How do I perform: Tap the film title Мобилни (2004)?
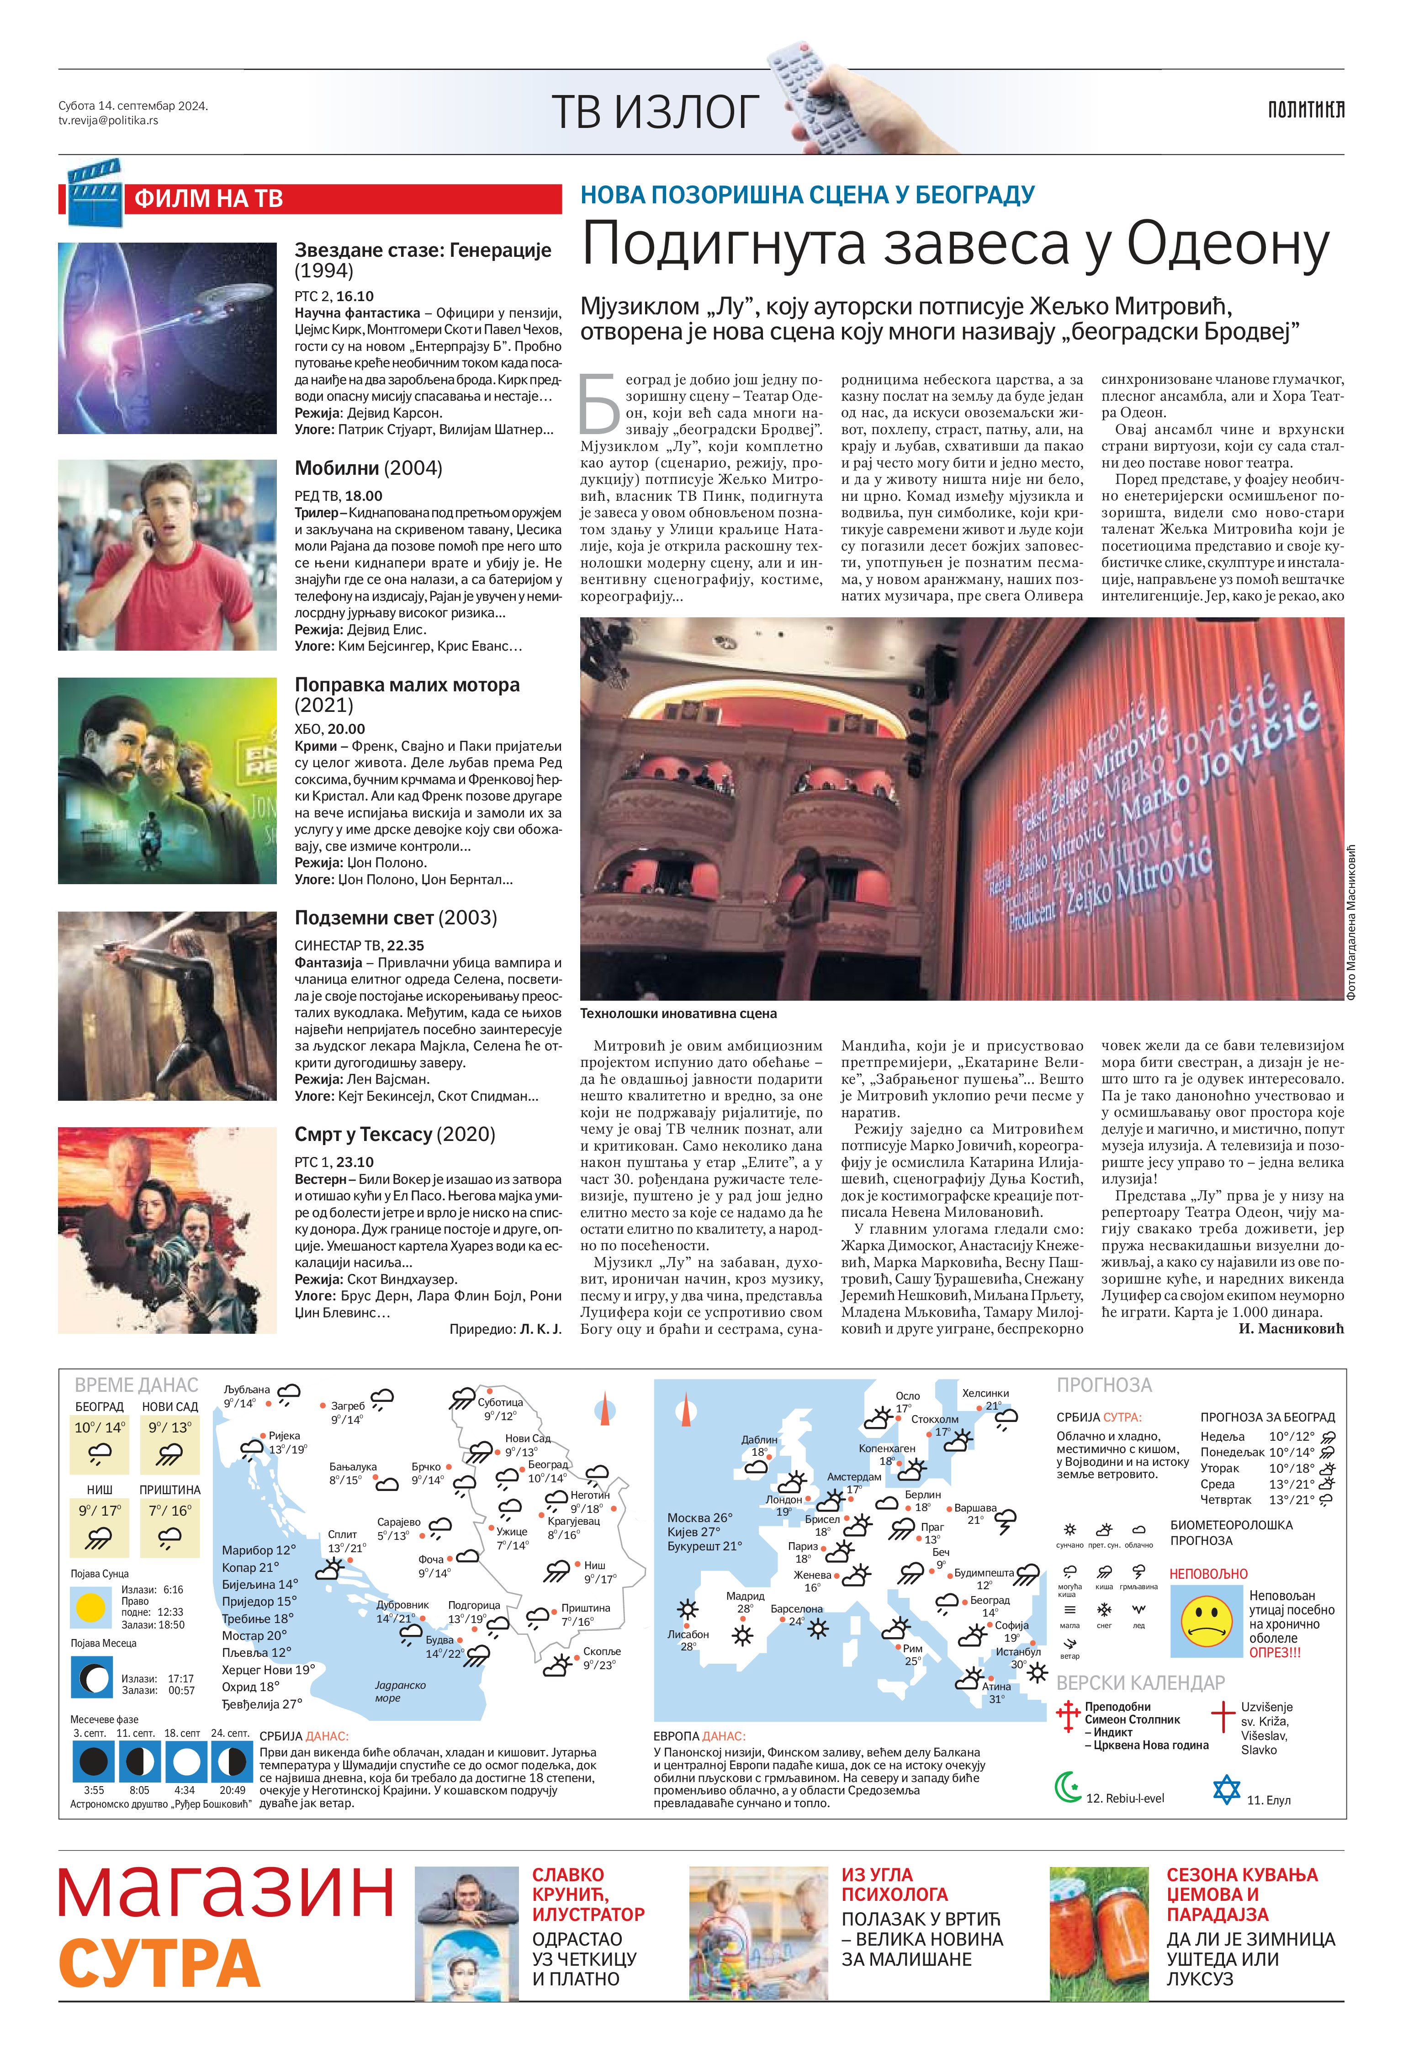point(368,468)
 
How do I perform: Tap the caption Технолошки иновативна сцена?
point(678,1013)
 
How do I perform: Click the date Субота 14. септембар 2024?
point(132,106)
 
